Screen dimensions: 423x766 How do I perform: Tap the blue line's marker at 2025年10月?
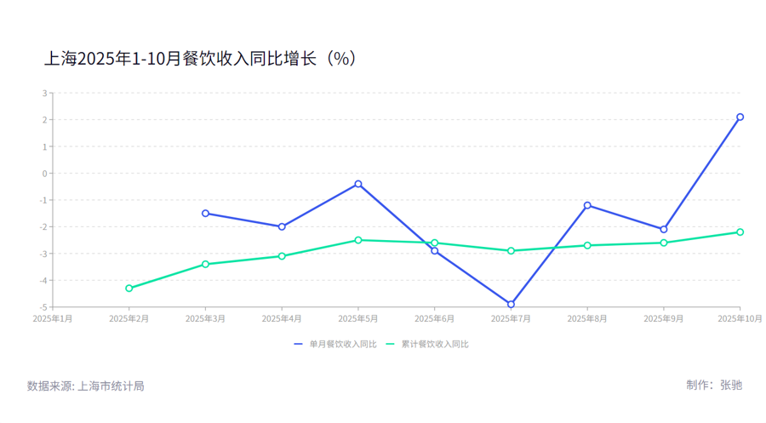(740, 117)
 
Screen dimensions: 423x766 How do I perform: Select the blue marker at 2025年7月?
(511, 304)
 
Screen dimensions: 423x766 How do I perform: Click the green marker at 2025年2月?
(129, 289)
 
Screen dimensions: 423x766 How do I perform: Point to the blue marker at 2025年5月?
(358, 184)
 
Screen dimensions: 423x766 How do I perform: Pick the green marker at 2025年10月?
(740, 232)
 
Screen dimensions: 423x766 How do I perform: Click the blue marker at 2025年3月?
(205, 213)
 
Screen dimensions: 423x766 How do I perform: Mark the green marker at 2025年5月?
(358, 240)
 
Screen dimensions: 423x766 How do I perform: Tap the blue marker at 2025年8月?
(587, 205)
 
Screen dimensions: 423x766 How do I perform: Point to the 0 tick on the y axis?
(45, 174)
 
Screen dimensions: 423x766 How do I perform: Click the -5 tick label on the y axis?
(43, 307)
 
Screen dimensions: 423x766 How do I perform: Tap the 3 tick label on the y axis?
(45, 94)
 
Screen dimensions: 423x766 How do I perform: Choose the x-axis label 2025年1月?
(53, 318)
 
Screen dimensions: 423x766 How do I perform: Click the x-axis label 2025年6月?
(434, 318)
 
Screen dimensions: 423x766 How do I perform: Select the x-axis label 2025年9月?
(664, 318)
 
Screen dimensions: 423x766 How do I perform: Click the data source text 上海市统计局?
(111, 386)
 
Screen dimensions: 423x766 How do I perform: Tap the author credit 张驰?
(730, 385)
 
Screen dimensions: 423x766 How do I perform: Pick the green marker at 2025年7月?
(511, 251)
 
